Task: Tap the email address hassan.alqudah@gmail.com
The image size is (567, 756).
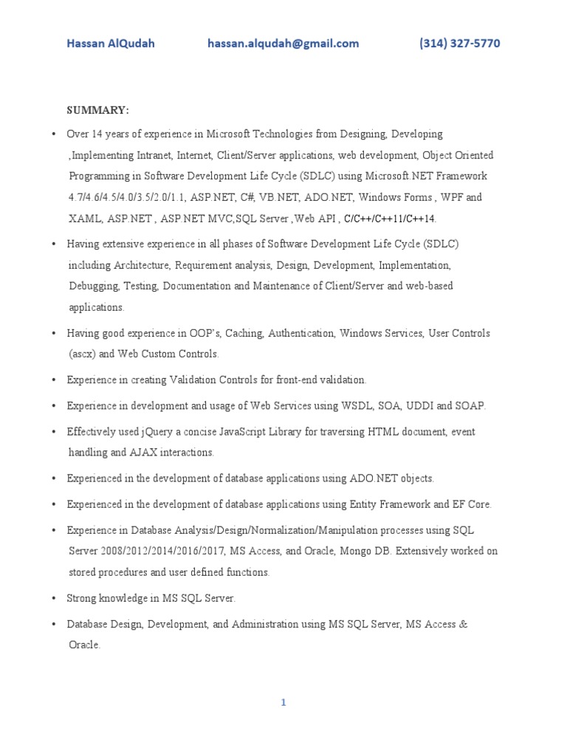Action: [x=283, y=44]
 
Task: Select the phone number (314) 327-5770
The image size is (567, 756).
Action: [x=459, y=44]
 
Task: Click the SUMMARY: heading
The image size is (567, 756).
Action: [x=98, y=110]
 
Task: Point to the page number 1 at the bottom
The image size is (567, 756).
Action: [x=283, y=703]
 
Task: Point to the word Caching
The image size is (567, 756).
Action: [x=244, y=334]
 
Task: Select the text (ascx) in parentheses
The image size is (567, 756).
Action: [x=81, y=354]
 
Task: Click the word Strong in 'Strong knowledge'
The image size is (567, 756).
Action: [x=82, y=598]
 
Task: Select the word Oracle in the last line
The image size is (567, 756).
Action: [x=83, y=645]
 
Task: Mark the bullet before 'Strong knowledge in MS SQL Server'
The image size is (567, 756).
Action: [x=54, y=598]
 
